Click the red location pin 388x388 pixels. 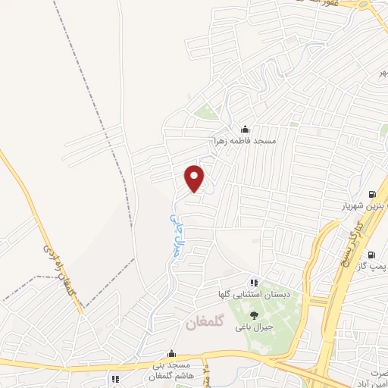(x=195, y=178)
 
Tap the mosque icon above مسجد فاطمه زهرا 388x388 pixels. (x=244, y=129)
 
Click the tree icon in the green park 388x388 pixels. (x=253, y=314)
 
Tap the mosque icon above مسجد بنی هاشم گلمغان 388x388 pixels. (x=172, y=353)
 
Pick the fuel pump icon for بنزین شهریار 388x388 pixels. (x=371, y=193)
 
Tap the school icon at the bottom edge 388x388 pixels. (x=115, y=379)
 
